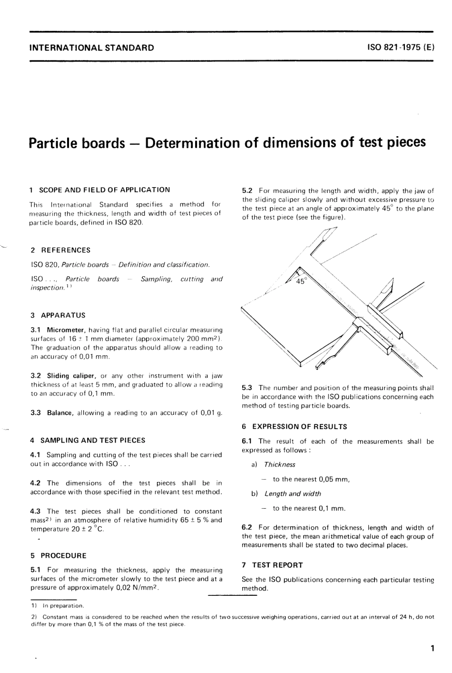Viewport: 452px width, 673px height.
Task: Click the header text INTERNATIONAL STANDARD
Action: (x=91, y=48)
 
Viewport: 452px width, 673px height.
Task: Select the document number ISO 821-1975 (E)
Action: (x=401, y=48)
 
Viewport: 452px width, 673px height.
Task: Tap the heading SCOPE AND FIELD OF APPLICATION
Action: (x=104, y=190)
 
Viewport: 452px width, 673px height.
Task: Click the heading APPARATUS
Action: (x=63, y=315)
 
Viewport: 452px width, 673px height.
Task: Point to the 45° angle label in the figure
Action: (x=302, y=281)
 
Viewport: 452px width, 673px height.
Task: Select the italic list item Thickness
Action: (x=280, y=465)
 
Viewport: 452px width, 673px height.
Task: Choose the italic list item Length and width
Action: (x=293, y=494)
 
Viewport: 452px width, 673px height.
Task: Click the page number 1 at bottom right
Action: (x=432, y=648)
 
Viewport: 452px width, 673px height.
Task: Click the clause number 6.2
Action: (x=248, y=528)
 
